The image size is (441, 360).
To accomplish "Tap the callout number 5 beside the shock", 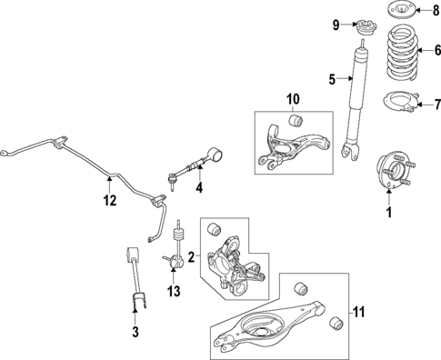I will [x=333, y=79].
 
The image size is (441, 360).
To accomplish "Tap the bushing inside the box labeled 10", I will [x=294, y=119].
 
